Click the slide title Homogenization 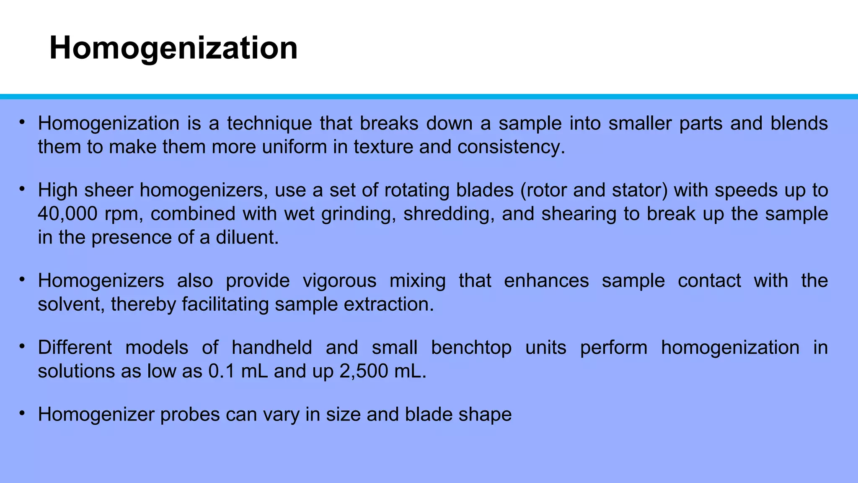[x=173, y=48]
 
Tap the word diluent [x=247, y=238]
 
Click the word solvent [x=71, y=304]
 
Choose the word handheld [x=272, y=348]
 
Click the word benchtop [x=471, y=348]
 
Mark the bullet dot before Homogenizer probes [x=22, y=413]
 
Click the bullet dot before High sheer [x=22, y=189]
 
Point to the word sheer [x=109, y=190]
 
